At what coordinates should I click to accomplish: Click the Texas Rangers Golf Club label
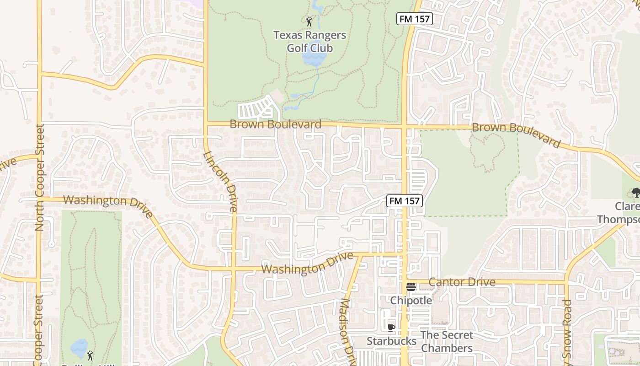point(309,42)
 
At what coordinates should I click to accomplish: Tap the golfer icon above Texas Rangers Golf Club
point(309,21)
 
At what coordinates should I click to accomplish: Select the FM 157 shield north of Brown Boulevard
point(414,19)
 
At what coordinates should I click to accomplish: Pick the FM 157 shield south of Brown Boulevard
point(404,200)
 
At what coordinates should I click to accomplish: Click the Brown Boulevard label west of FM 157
point(275,124)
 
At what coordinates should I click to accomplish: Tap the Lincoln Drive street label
point(220,182)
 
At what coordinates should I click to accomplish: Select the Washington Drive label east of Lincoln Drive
point(308,264)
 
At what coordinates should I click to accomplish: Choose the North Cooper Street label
point(40,178)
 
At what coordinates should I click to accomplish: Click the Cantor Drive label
point(462,282)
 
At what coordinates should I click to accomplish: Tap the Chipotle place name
point(411,301)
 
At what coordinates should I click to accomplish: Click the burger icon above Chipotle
point(411,287)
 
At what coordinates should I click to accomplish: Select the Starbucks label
point(391,341)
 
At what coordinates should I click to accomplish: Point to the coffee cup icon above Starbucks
point(391,328)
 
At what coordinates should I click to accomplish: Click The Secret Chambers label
point(447,342)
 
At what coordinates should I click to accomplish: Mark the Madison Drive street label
point(346,331)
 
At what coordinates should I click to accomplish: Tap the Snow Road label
point(567,329)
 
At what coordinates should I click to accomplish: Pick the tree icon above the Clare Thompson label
point(635,193)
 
